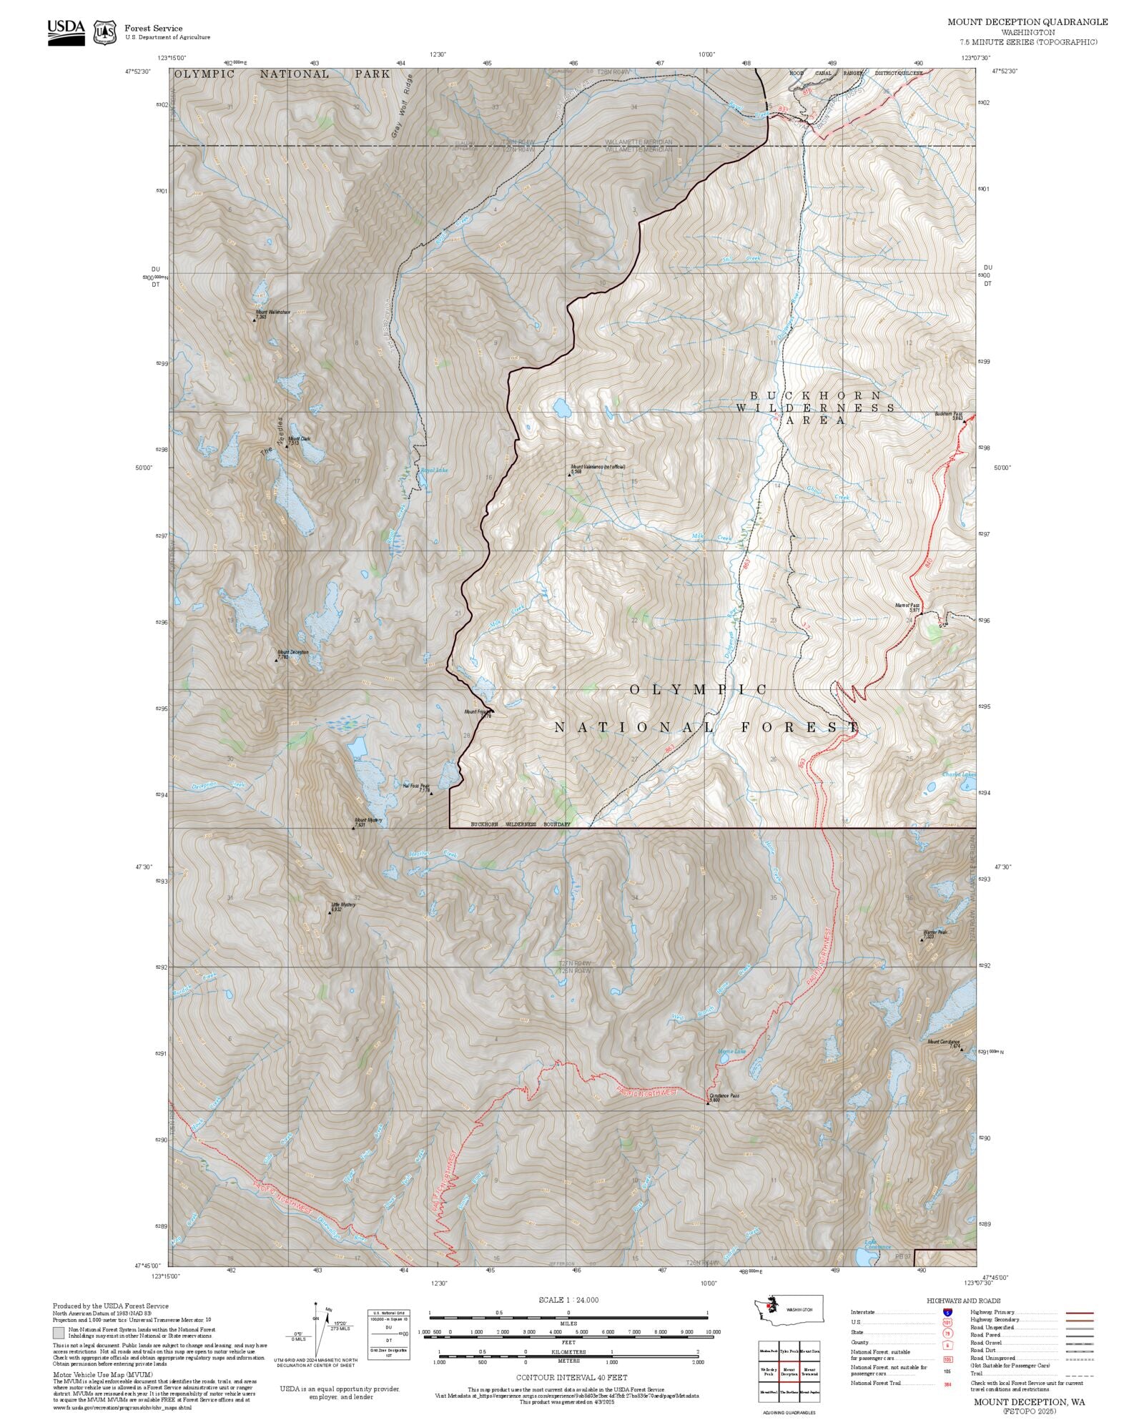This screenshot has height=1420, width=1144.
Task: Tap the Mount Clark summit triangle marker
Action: tap(287, 446)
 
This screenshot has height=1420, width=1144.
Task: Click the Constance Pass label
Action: tap(724, 1096)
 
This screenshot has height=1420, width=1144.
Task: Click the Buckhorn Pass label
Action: tap(948, 414)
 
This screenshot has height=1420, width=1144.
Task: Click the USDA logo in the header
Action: tap(66, 31)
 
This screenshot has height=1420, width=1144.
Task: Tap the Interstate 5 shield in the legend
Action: tap(948, 1312)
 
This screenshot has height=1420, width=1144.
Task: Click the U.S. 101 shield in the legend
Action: tap(948, 1322)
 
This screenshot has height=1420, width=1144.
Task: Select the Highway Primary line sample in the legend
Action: tap(1080, 1313)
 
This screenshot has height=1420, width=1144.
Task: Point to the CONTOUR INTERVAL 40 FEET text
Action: tap(572, 1376)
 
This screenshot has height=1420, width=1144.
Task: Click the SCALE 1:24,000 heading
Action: tap(568, 1300)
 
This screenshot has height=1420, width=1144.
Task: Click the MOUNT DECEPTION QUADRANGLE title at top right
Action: tap(1027, 22)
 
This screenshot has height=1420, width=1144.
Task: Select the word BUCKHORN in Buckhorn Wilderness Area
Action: tap(815, 395)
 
